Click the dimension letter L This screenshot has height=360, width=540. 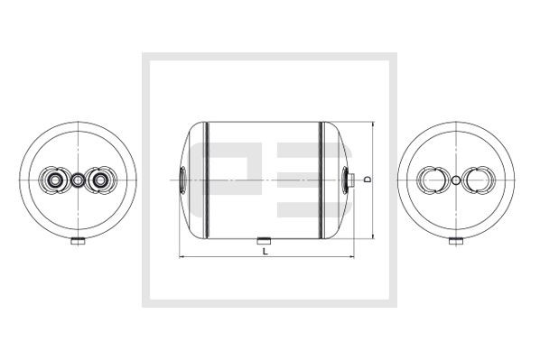coord(265,251)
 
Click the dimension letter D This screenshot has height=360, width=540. coord(368,180)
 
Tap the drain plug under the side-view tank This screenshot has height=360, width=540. coord(264,241)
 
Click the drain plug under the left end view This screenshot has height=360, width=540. coord(78,241)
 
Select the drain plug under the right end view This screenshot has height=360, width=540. coord(456,241)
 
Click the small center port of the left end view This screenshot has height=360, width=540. coord(78,180)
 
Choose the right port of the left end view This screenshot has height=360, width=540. coord(100,180)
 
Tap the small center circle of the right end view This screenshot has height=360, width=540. coord(456,180)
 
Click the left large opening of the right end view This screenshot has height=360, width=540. coord(433,180)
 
